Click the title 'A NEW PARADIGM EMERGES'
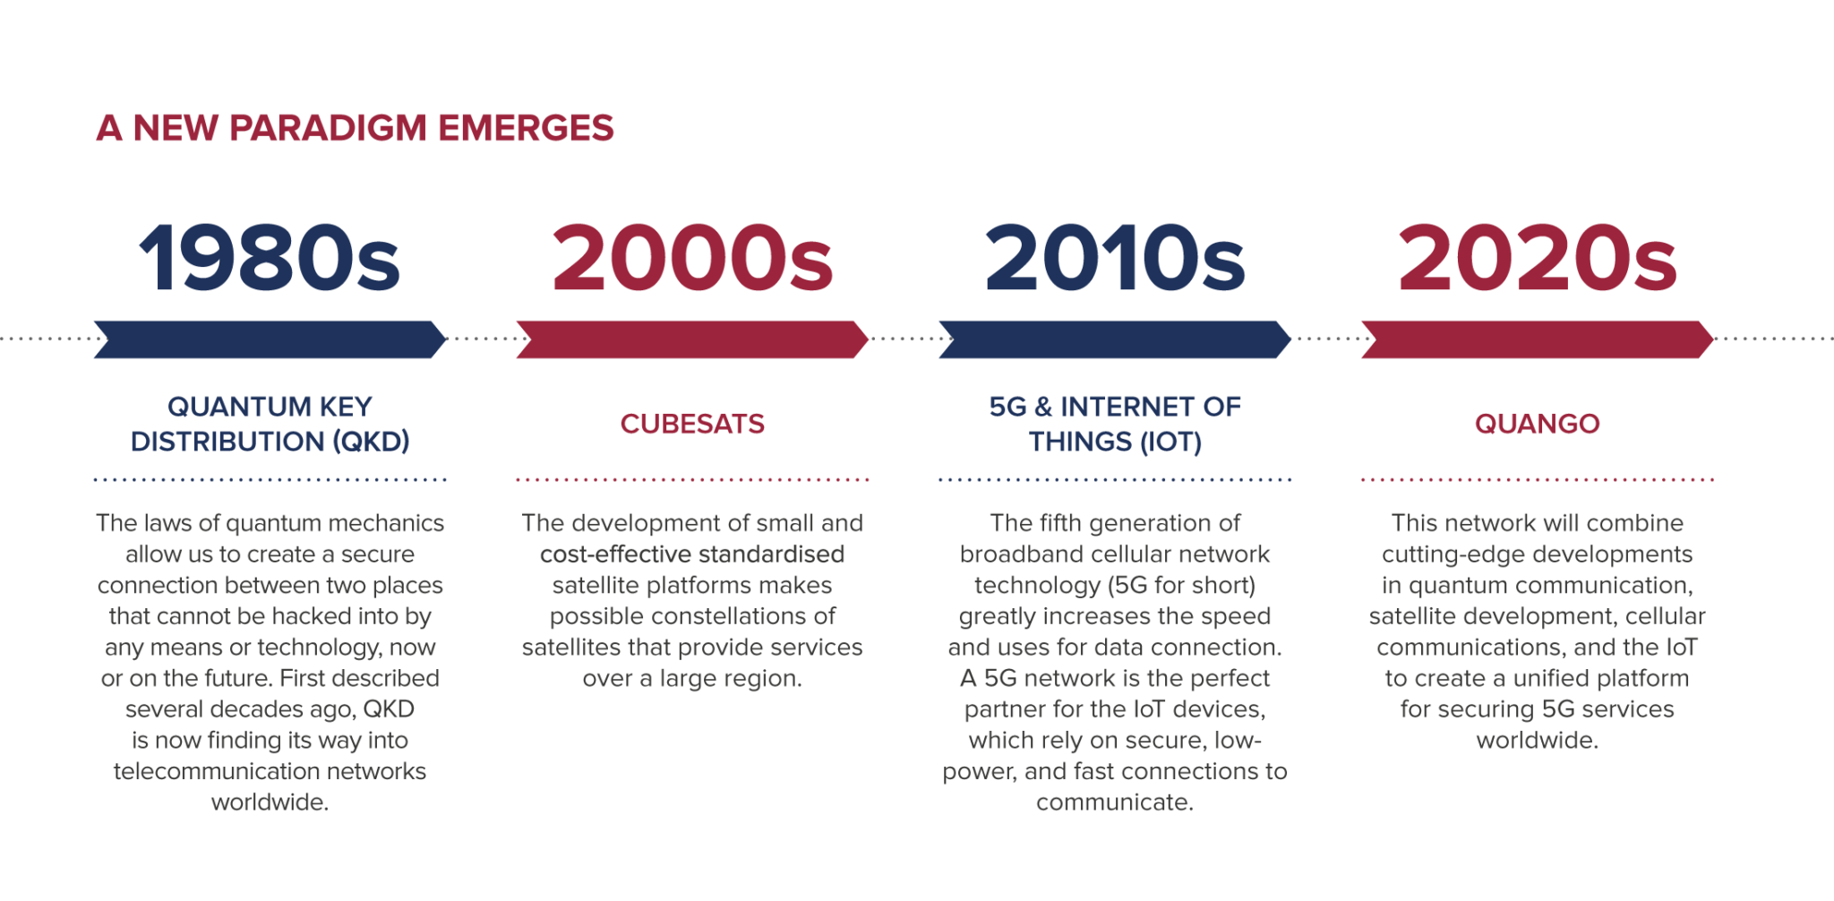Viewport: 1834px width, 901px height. point(355,128)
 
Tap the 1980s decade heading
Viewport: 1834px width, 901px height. point(270,258)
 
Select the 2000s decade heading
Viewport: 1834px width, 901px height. point(692,258)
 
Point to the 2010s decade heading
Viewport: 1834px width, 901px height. point(1115,258)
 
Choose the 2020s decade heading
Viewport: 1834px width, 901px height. point(1538,258)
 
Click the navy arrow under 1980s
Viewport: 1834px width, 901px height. point(270,339)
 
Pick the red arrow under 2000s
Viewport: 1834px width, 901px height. point(692,339)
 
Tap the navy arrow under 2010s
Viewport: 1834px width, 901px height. point(1115,339)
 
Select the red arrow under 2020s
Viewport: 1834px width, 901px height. point(1538,339)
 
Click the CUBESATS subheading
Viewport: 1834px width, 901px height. point(692,424)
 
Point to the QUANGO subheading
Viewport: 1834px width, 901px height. point(1538,424)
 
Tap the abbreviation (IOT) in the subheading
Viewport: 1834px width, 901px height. point(1170,442)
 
